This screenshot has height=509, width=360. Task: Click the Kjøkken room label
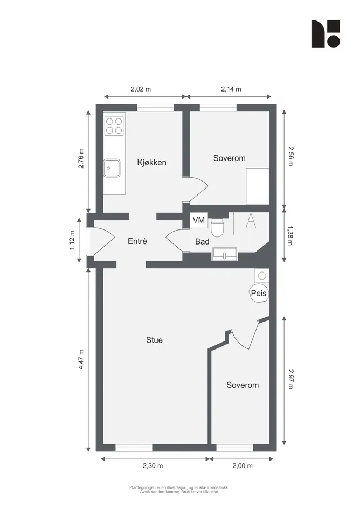pyautogui.click(x=152, y=162)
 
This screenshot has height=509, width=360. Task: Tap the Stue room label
pyautogui.click(x=154, y=340)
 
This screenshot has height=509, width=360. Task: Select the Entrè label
pyautogui.click(x=137, y=241)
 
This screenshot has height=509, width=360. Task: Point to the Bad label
pyautogui.click(x=202, y=241)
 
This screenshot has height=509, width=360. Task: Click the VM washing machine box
pyautogui.click(x=199, y=220)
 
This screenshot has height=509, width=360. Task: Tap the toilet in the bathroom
pyautogui.click(x=217, y=227)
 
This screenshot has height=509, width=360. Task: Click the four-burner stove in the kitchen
pyautogui.click(x=114, y=126)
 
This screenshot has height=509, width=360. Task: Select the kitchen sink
pyautogui.click(x=112, y=168)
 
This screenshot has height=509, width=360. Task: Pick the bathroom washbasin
pyautogui.click(x=225, y=254)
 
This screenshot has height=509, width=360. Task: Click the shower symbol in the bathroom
pyautogui.click(x=251, y=221)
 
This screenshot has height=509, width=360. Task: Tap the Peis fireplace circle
pyautogui.click(x=259, y=293)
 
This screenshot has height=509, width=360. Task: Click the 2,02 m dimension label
pyautogui.click(x=141, y=89)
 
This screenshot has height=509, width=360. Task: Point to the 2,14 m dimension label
pyautogui.click(x=231, y=89)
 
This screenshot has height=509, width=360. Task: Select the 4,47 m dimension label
pyautogui.click(x=81, y=359)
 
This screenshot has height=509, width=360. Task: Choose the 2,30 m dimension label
pyautogui.click(x=153, y=466)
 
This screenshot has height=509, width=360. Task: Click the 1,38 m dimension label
pyautogui.click(x=290, y=235)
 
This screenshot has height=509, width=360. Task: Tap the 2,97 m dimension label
pyautogui.click(x=290, y=379)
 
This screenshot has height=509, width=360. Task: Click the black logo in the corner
pyautogui.click(x=326, y=34)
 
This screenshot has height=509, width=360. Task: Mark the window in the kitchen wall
pyautogui.click(x=155, y=108)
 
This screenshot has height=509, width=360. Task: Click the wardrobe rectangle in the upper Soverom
pyautogui.click(x=257, y=186)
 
